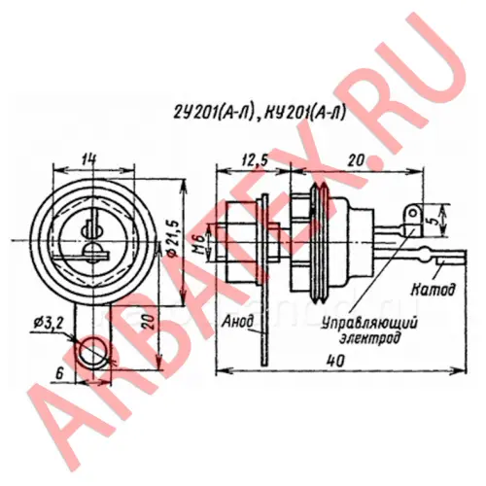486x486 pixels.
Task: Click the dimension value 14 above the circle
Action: pyautogui.click(x=88, y=159)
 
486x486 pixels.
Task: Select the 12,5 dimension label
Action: pyautogui.click(x=255, y=160)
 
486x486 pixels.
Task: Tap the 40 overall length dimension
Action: pyautogui.click(x=335, y=361)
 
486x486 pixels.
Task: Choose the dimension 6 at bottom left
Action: pyautogui.click(x=59, y=374)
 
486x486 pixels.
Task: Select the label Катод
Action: pyautogui.click(x=429, y=290)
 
